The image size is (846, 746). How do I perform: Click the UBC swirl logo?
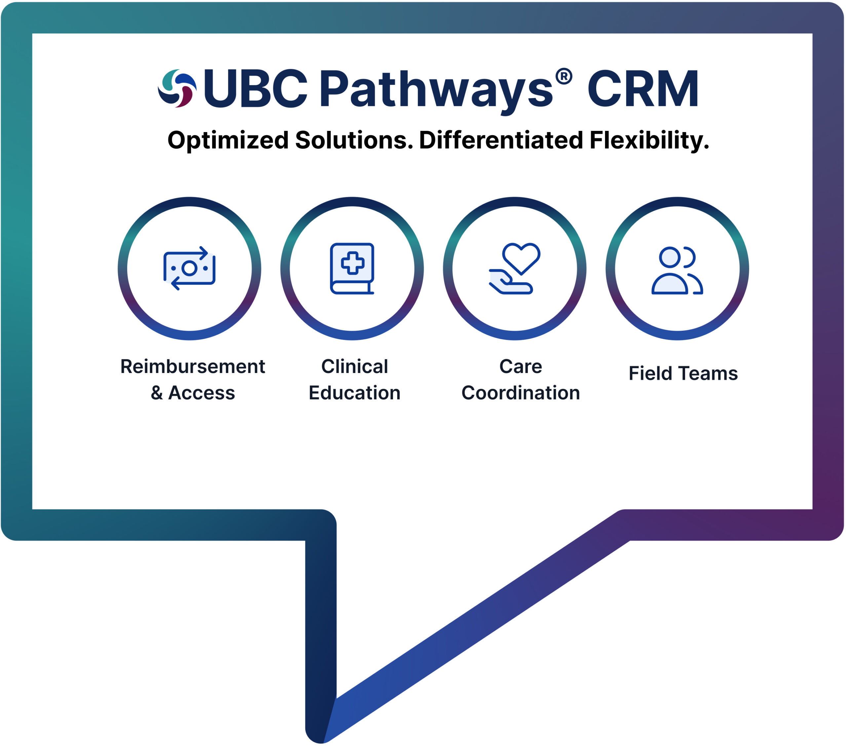pyautogui.click(x=177, y=88)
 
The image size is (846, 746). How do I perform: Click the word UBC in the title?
pyautogui.click(x=255, y=88)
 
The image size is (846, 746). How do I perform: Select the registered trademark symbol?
pyautogui.click(x=564, y=77)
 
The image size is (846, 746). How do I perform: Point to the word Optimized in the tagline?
pyautogui.click(x=228, y=141)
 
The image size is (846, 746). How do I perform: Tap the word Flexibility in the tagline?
pyautogui.click(x=649, y=141)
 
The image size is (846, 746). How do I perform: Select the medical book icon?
pyautogui.click(x=352, y=269)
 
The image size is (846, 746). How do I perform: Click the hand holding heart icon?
pyautogui.click(x=515, y=269)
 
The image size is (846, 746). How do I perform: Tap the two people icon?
pyautogui.click(x=677, y=270)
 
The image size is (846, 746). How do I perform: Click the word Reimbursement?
pyautogui.click(x=192, y=367)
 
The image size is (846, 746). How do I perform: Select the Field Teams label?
pyautogui.click(x=683, y=374)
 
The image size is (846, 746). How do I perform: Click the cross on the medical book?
pyautogui.click(x=352, y=263)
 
